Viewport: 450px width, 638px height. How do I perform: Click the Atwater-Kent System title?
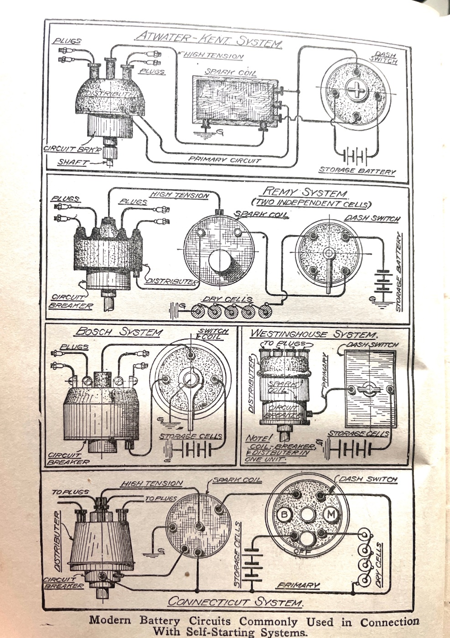pyautogui.click(x=209, y=40)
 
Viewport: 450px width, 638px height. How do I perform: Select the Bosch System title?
pyautogui.click(x=119, y=333)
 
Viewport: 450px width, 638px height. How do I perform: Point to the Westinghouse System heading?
pyautogui.click(x=314, y=334)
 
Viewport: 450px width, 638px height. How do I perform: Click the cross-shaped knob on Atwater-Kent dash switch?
pyautogui.click(x=356, y=89)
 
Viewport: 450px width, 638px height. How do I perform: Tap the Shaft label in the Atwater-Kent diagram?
pyautogui.click(x=72, y=162)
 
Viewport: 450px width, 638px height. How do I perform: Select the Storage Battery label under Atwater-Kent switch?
pyautogui.click(x=357, y=171)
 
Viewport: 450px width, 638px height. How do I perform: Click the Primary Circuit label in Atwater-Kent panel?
pyautogui.click(x=225, y=160)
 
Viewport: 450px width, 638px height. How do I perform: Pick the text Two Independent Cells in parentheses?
pyautogui.click(x=311, y=203)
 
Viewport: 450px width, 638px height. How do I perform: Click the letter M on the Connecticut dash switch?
pyautogui.click(x=330, y=514)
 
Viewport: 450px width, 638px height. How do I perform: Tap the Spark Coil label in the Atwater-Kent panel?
pyautogui.click(x=230, y=72)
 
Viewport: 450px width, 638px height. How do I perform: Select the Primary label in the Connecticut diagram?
pyautogui.click(x=298, y=586)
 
